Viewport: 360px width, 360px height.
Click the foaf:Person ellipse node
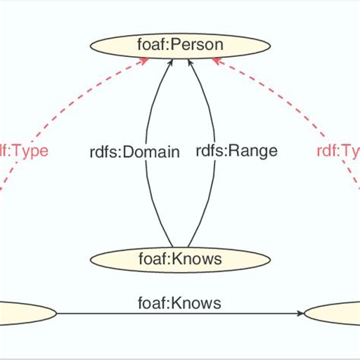click(x=180, y=45)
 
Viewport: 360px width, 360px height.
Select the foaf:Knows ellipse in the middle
click(x=180, y=260)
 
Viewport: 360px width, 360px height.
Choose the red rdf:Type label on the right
click(x=338, y=150)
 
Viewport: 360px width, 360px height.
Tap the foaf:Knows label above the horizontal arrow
click(x=180, y=303)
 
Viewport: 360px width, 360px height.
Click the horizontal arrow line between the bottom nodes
click(x=152, y=312)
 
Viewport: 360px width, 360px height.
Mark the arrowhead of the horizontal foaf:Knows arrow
click(x=298, y=312)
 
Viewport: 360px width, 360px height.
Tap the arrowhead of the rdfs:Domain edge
click(x=171, y=63)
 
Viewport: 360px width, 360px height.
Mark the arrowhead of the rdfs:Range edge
click(x=190, y=63)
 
